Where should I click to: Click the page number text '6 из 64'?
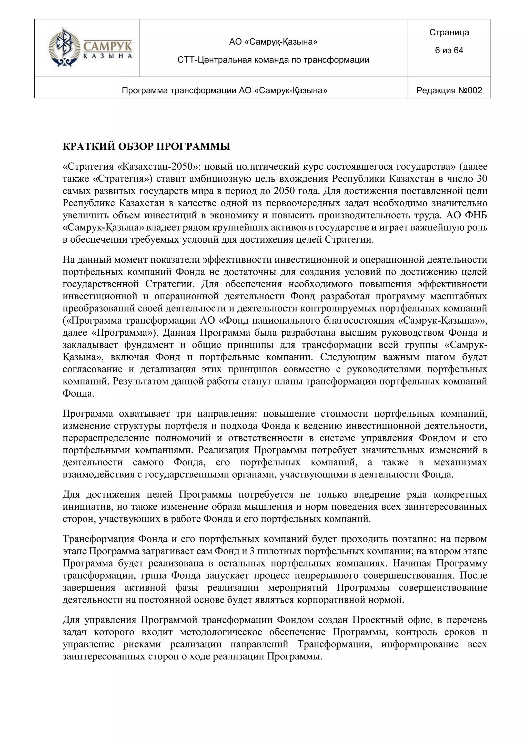(x=449, y=50)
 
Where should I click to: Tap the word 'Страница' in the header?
(x=449, y=32)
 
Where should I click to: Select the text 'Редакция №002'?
(x=449, y=90)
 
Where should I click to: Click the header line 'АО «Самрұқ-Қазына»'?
(x=273, y=42)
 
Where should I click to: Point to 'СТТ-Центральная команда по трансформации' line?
(x=273, y=60)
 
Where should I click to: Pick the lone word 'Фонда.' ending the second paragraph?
(x=78, y=394)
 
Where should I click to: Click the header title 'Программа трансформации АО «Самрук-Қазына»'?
(x=224, y=90)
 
